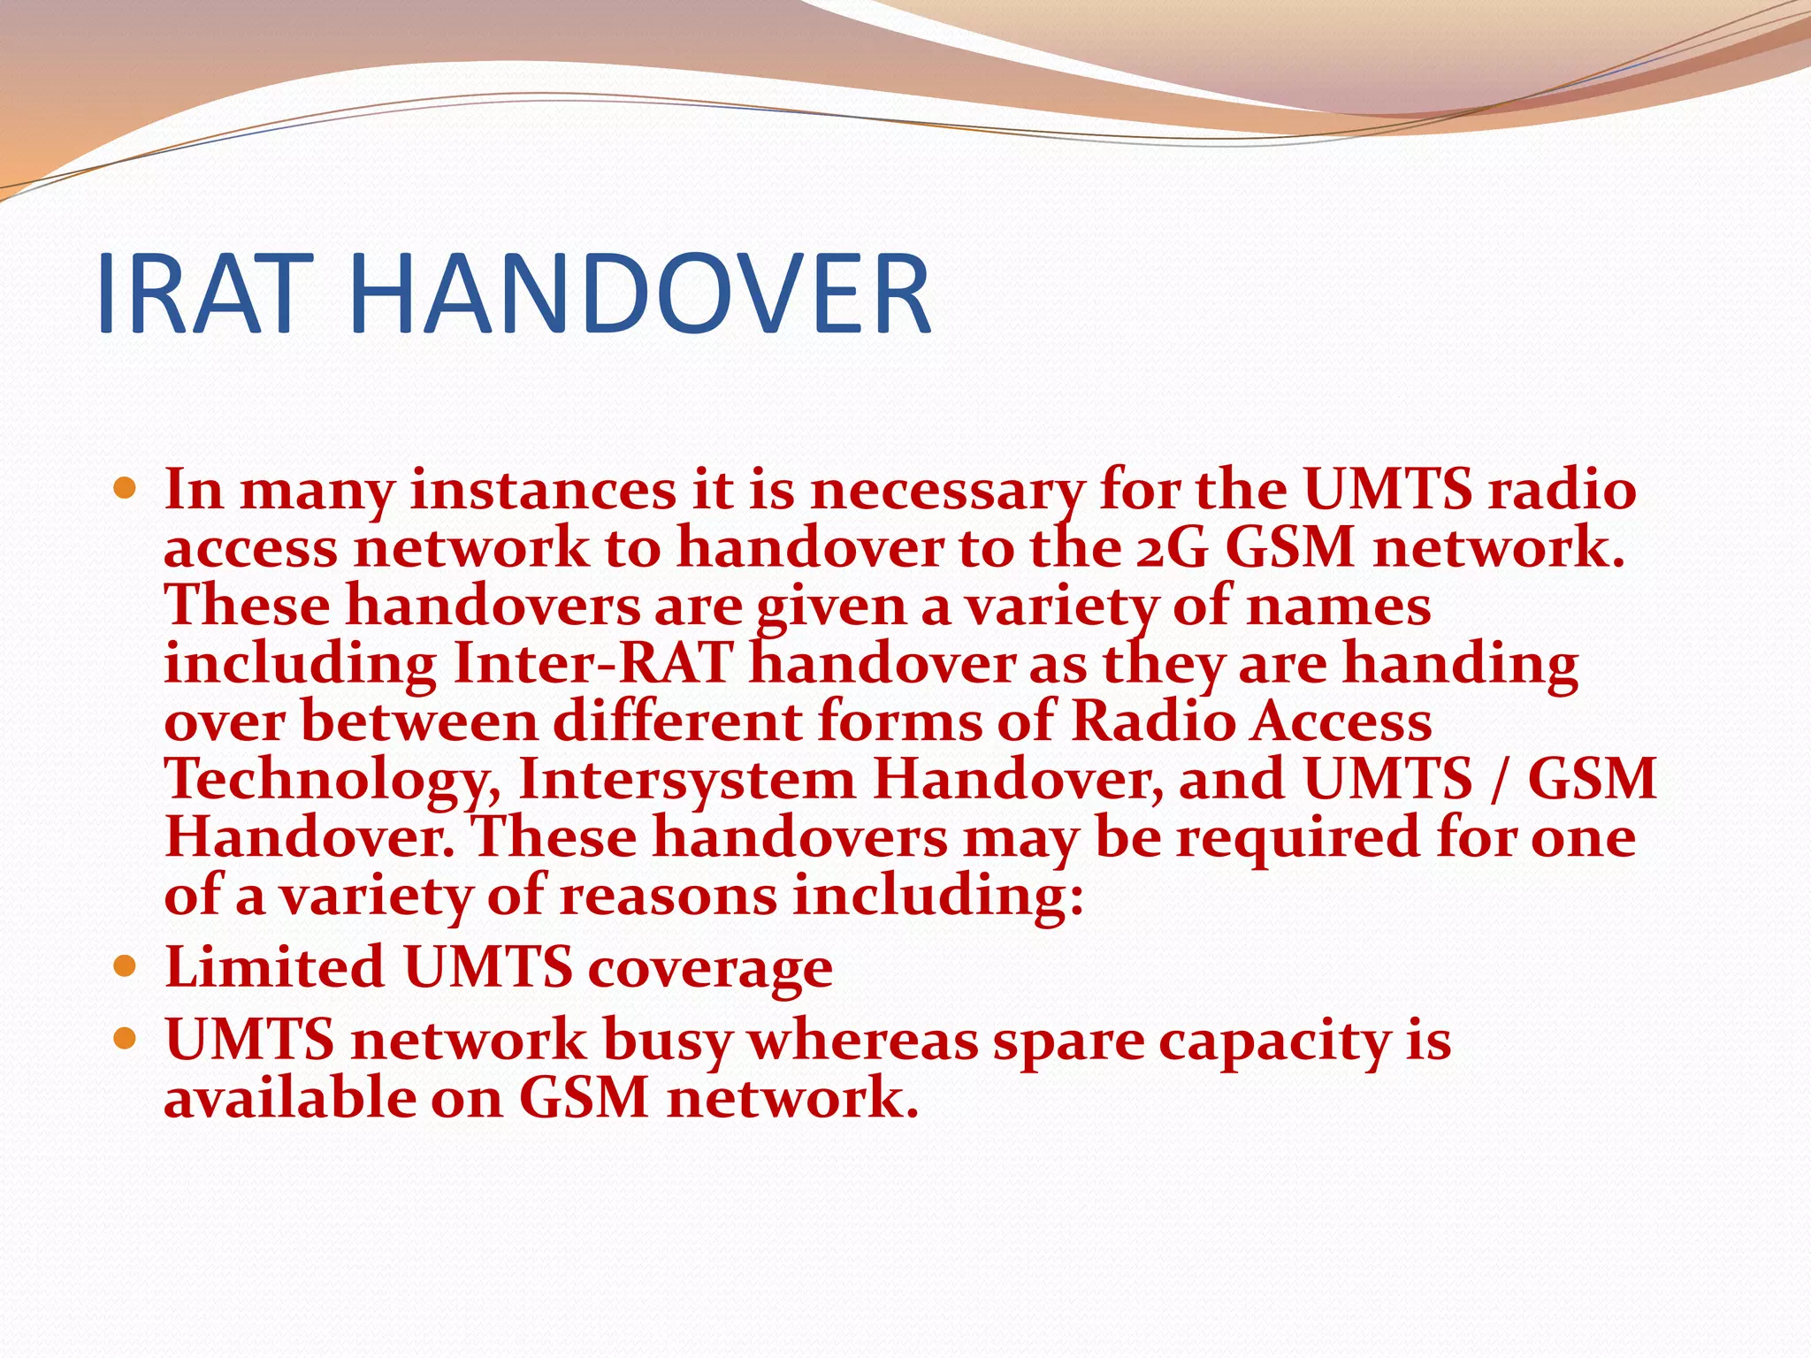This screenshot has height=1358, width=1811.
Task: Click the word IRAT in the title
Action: [205, 294]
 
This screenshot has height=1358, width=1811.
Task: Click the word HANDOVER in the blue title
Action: [640, 294]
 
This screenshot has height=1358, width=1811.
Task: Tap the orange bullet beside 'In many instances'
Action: [126, 487]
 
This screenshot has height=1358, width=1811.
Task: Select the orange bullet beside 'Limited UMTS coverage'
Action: [126, 965]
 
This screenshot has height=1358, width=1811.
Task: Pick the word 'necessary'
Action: [946, 491]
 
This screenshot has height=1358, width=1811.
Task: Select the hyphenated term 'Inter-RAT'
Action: [592, 665]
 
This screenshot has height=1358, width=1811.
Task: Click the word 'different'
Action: [677, 722]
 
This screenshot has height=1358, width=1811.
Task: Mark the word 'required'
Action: [1296, 838]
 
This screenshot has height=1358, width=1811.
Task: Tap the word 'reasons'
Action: [668, 896]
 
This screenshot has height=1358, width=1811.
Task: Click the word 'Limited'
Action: [274, 967]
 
